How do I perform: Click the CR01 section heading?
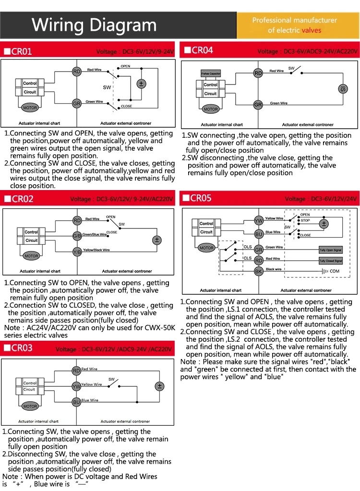22,51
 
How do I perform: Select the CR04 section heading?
202,50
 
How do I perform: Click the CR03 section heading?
22,348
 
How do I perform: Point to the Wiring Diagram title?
94,25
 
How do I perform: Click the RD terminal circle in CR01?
76,72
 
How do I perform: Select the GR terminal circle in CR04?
258,105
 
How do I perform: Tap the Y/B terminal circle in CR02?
77,251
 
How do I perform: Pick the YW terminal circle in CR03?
76,386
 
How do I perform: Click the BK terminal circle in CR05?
258,271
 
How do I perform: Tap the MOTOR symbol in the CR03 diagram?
30,406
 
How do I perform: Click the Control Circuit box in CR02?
31,236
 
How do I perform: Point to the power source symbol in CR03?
159,386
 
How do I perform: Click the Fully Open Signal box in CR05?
331,250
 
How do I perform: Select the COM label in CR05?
335,271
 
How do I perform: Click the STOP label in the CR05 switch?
305,221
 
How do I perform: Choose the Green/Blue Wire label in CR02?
95,234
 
